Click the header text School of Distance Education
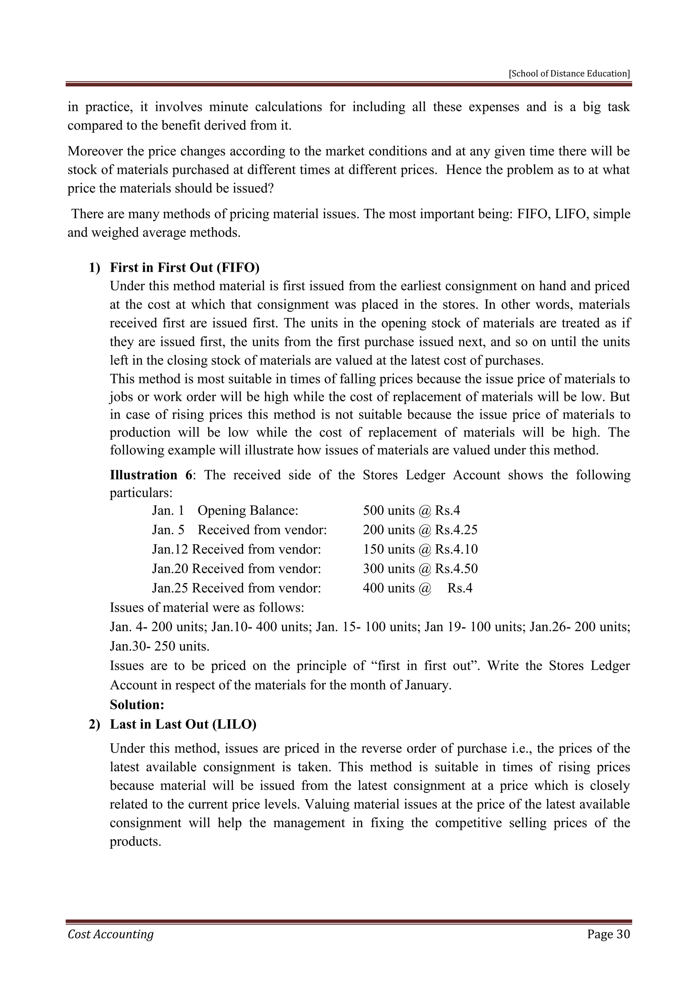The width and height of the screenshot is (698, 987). click(570, 74)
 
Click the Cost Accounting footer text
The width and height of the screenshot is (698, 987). click(110, 934)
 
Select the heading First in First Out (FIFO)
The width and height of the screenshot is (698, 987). click(185, 268)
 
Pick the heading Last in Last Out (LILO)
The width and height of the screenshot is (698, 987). click(183, 724)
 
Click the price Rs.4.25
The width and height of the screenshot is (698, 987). click(456, 530)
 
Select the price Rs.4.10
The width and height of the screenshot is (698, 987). click(456, 549)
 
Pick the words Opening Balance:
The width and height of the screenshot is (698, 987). click(248, 511)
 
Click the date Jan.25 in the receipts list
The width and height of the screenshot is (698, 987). click(170, 588)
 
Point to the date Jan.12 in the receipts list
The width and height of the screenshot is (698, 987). click(170, 549)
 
